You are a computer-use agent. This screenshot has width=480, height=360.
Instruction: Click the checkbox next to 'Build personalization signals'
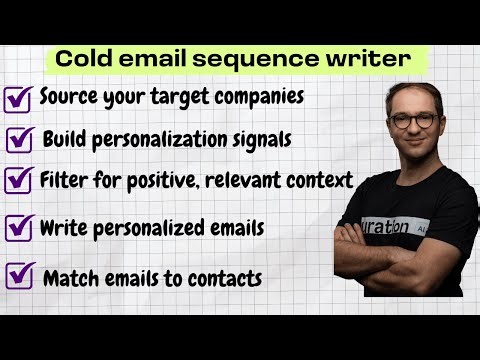[22, 138]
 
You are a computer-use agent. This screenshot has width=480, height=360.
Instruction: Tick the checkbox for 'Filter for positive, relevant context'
[19, 180]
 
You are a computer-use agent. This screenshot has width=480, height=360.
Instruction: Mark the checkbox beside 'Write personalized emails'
[19, 228]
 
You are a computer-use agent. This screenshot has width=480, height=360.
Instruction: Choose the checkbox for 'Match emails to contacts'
[19, 273]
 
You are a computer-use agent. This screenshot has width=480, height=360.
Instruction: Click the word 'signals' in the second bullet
[259, 138]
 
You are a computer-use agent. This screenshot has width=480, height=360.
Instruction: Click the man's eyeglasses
[413, 121]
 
